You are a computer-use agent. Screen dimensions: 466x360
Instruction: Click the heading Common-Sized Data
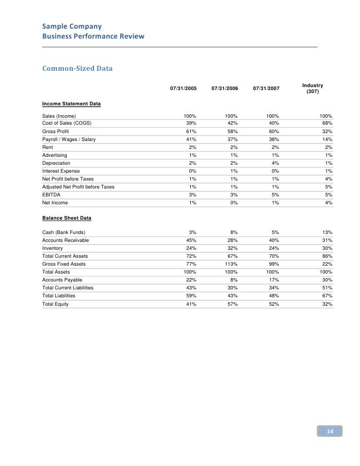tap(77, 68)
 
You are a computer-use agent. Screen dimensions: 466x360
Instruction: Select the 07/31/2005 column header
tap(183, 89)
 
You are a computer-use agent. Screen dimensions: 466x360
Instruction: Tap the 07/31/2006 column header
tap(225, 89)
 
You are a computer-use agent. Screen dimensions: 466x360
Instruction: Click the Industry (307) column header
tap(313, 89)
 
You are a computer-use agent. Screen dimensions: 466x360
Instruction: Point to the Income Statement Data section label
tap(72, 104)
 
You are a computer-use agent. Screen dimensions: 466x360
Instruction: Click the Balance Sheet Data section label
tap(67, 218)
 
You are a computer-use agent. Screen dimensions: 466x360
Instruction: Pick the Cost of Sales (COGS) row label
tap(67, 123)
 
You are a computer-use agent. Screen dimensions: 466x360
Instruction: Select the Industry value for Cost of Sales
tap(326, 123)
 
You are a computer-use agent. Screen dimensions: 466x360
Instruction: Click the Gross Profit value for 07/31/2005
tap(191, 132)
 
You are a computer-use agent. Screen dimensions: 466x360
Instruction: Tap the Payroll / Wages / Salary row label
tap(69, 140)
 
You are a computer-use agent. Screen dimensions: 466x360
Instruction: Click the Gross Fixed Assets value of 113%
tap(231, 264)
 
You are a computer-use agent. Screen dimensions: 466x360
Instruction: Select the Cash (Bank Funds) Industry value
tap(326, 233)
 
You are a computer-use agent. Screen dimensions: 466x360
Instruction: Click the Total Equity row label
tap(55, 304)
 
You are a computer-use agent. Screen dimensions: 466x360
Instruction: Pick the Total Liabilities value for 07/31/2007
tap(273, 296)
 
